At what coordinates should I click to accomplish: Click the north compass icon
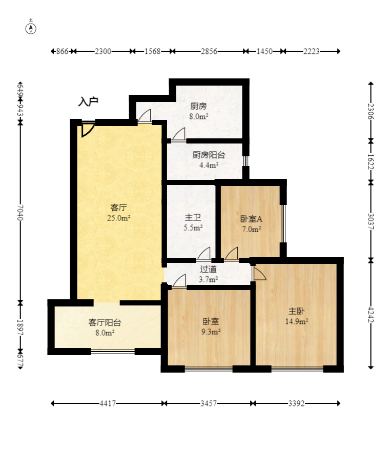[31, 28]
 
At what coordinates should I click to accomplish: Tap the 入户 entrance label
[88, 101]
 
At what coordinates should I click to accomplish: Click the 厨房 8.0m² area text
[199, 116]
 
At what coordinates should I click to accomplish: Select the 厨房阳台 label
[209, 155]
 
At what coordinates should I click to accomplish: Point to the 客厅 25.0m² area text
[119, 218]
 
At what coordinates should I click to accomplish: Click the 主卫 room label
[193, 217]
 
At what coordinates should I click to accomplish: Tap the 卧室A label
[251, 219]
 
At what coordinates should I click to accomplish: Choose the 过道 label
[209, 269]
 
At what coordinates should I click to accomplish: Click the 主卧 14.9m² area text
[297, 321]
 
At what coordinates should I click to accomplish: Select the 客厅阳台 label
[105, 322]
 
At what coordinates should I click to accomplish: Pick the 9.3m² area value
[211, 332]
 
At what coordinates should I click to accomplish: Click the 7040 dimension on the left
[20, 213]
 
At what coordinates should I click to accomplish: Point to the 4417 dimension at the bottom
[108, 403]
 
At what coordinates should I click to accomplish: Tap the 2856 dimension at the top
[209, 51]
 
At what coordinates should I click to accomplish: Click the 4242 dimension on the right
[371, 314]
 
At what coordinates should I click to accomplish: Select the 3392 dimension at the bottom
[296, 403]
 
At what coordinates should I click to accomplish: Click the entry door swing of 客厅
[88, 130]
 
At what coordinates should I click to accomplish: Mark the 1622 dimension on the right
[371, 161]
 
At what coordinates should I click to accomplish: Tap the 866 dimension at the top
[62, 51]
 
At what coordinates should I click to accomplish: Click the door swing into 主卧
[259, 273]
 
